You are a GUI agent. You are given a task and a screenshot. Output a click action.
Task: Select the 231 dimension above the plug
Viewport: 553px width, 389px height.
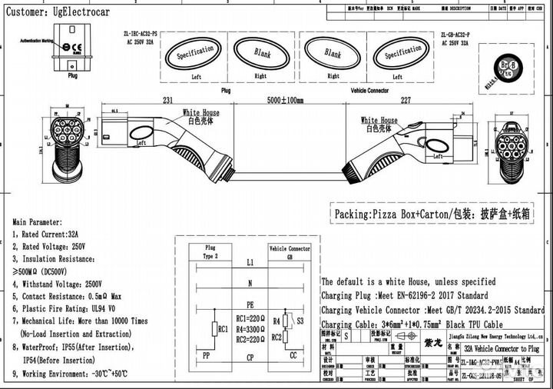[x=167, y=101]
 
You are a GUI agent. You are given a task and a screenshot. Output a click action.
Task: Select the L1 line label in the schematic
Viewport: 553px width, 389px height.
[x=250, y=263]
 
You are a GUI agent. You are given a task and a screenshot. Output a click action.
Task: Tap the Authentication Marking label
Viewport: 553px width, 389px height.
[x=37, y=39]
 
